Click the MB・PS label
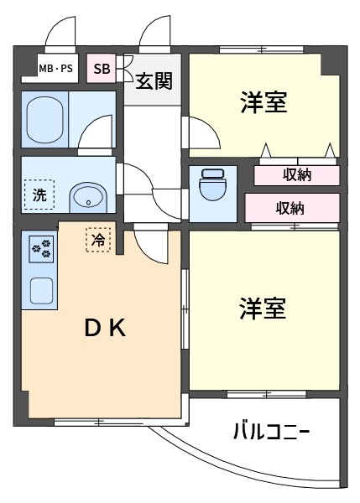click(56, 69)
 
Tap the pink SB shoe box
click(102, 68)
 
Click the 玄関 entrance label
click(154, 80)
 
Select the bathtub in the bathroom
click(44, 120)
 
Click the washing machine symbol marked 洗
click(39, 194)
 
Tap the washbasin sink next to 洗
click(88, 198)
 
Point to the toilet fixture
click(213, 184)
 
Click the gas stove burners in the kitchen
click(41, 250)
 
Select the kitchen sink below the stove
click(41, 291)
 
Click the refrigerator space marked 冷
click(98, 240)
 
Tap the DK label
click(105, 329)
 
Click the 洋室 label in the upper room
click(263, 102)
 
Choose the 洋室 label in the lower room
click(263, 309)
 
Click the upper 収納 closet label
click(297, 175)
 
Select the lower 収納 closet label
click(290, 208)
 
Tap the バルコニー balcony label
click(271, 432)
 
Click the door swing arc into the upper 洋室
click(212, 127)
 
